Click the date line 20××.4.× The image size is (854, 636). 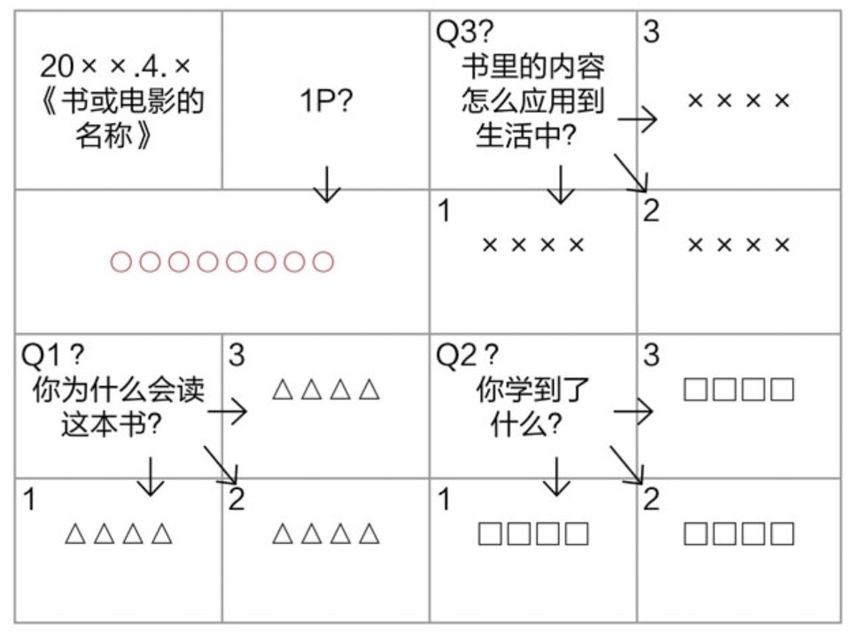116,66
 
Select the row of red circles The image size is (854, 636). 222,261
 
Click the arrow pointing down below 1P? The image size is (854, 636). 327,183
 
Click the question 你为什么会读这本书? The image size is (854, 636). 118,407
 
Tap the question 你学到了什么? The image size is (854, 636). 532,407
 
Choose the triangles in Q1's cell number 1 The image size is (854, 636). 119,533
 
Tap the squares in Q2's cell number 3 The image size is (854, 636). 739,390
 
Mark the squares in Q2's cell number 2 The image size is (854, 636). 739,533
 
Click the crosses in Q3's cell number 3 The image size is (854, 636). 739,101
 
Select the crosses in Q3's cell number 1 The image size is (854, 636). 532,245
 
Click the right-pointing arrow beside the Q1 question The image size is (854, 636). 228,410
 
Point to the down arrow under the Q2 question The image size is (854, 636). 556,477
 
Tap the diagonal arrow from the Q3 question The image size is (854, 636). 631,174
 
